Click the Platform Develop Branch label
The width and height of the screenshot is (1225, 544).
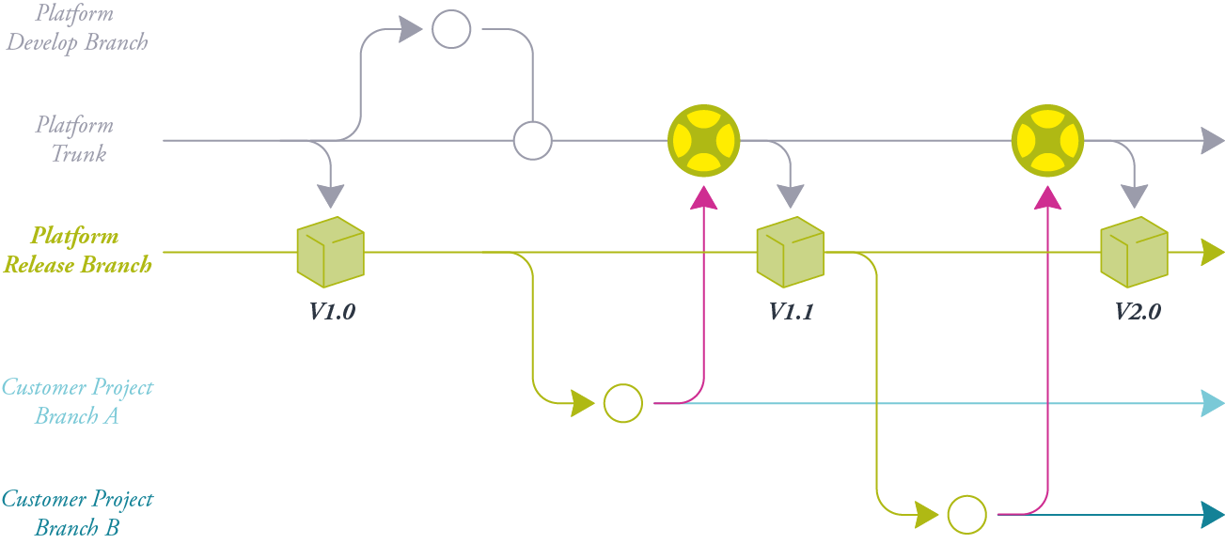tap(77, 28)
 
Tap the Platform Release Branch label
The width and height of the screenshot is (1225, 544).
tap(77, 251)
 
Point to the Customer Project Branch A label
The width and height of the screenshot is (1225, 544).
tap(77, 401)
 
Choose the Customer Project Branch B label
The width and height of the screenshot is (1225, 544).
tap(77, 513)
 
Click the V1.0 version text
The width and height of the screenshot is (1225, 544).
tap(332, 312)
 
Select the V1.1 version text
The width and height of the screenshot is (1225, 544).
tap(791, 312)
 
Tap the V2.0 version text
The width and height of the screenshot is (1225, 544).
tap(1137, 312)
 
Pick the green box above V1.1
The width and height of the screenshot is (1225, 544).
tap(790, 252)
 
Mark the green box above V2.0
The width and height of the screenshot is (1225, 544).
tap(1134, 252)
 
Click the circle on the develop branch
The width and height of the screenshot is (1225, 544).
tap(451, 29)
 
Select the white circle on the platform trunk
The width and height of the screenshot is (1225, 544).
tap(533, 141)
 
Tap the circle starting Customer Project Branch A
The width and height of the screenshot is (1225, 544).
tap(623, 403)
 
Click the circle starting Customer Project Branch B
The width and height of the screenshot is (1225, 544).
tap(966, 515)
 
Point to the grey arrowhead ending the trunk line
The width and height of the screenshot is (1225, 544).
tap(1213, 141)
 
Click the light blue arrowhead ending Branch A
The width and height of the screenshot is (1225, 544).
tap(1213, 404)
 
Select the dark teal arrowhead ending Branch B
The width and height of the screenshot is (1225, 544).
tap(1213, 515)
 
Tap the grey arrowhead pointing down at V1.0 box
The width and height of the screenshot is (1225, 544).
tap(330, 195)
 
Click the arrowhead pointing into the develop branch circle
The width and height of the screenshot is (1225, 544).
tap(410, 29)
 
